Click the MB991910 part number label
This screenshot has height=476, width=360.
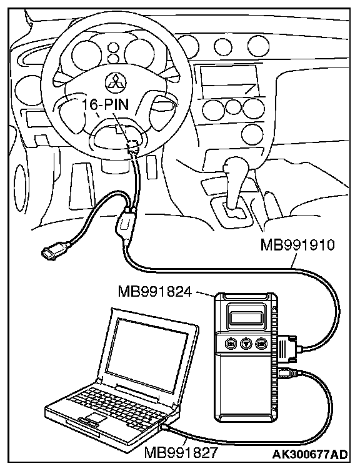coord(297,245)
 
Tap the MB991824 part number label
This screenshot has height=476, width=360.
coord(155,292)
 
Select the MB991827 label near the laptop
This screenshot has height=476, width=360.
coord(181,454)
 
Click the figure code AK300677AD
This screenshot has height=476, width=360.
coord(309,454)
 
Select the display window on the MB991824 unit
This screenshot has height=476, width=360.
coord(246,318)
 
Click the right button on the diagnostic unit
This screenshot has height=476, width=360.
coord(261,344)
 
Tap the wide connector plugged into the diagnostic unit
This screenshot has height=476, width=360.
coord(286,348)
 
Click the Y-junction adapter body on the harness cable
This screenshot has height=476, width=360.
coord(124,224)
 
